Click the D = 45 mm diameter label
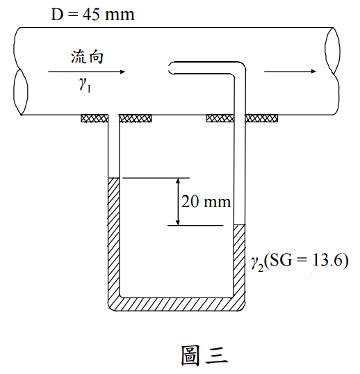click(x=92, y=15)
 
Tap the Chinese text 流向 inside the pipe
click(x=87, y=57)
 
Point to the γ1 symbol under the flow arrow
click(x=85, y=85)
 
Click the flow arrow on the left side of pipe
click(x=87, y=72)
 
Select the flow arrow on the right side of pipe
click(x=290, y=71)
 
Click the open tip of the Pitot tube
click(x=170, y=68)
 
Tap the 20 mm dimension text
click(x=206, y=202)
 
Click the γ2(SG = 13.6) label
click(x=300, y=261)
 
